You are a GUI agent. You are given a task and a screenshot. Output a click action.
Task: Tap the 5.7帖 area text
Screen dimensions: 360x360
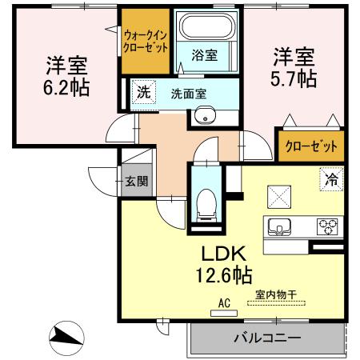[295, 78]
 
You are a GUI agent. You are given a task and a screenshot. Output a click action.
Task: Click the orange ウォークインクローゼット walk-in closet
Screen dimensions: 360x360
[145, 41]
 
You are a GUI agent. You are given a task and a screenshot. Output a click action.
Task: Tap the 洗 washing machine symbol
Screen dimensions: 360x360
[142, 92]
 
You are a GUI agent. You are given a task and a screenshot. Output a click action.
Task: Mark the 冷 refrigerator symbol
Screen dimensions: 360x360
[330, 180]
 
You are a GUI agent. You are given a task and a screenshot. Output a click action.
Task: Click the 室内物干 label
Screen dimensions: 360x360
[276, 294]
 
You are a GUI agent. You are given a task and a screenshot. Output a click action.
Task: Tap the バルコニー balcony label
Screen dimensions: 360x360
[267, 338]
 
